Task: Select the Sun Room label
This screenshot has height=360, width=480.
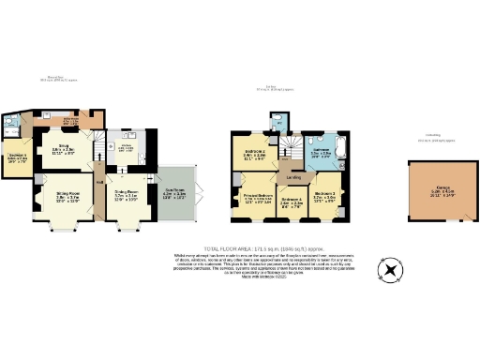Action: point(176,194)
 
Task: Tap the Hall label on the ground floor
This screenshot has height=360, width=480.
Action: point(97,170)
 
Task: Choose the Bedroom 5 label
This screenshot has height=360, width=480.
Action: point(17,157)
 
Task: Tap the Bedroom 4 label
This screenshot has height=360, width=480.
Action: point(291,199)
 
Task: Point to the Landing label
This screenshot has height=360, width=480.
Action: point(293,176)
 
